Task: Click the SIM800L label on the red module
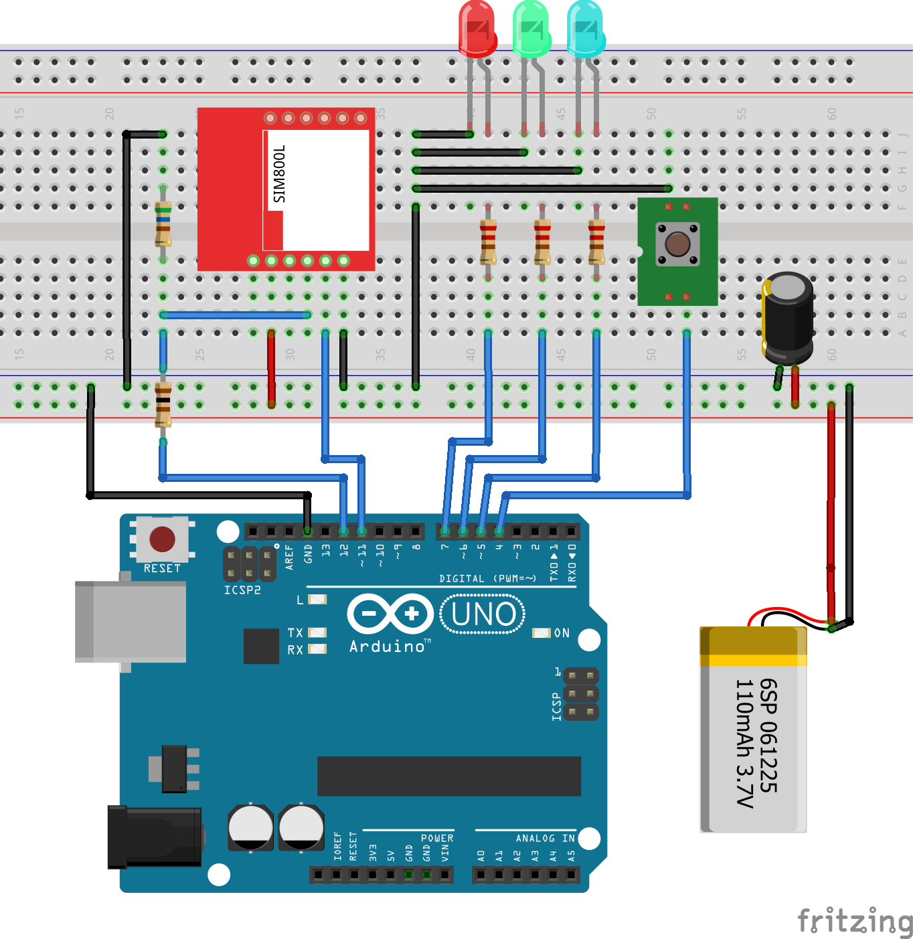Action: (279, 173)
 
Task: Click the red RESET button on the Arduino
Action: (162, 539)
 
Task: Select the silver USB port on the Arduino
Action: (131, 622)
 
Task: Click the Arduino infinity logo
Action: (390, 614)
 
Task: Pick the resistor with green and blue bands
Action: (163, 224)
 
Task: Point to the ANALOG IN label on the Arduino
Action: (545, 838)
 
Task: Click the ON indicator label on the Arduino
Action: (562, 633)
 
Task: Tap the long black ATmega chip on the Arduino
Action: (448, 776)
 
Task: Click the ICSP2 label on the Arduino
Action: (242, 590)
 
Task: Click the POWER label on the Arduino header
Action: (437, 838)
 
